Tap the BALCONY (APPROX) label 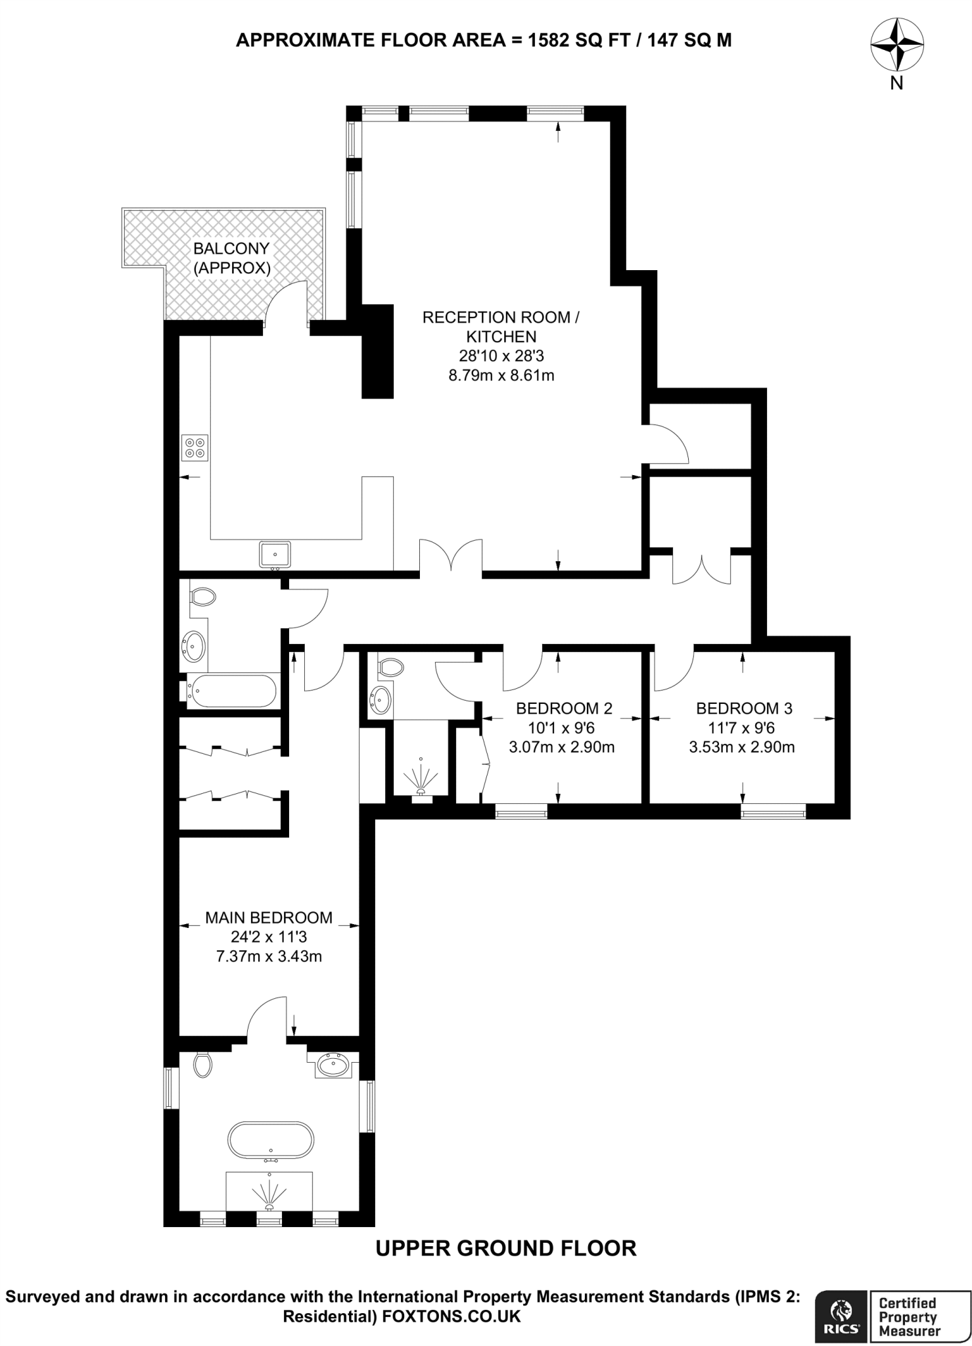(x=231, y=258)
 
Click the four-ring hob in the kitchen (x=196, y=448)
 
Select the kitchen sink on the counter (x=275, y=554)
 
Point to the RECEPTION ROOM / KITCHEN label (x=500, y=327)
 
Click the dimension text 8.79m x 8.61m (x=500, y=375)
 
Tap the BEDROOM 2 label (x=564, y=708)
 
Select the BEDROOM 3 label (x=744, y=708)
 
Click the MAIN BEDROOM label (x=269, y=917)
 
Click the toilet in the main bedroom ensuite (x=203, y=1064)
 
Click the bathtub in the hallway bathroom (x=231, y=691)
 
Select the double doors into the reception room (x=451, y=558)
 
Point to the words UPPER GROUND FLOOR (x=505, y=1249)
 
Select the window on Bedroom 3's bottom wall (x=774, y=813)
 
